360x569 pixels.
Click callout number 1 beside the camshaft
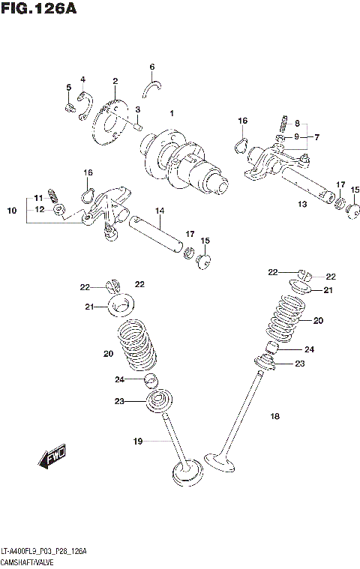(x=172, y=113)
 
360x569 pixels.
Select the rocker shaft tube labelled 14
(x=157, y=232)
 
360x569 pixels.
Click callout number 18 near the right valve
(x=274, y=415)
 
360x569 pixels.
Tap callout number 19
(x=137, y=442)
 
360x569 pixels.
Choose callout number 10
(x=11, y=211)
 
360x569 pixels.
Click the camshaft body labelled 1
(x=184, y=161)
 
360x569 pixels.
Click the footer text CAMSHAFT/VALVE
(x=28, y=561)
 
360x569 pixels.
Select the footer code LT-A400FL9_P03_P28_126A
(x=43, y=551)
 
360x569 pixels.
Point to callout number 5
(x=68, y=88)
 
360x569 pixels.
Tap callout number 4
(x=82, y=79)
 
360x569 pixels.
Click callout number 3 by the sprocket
(x=138, y=110)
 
